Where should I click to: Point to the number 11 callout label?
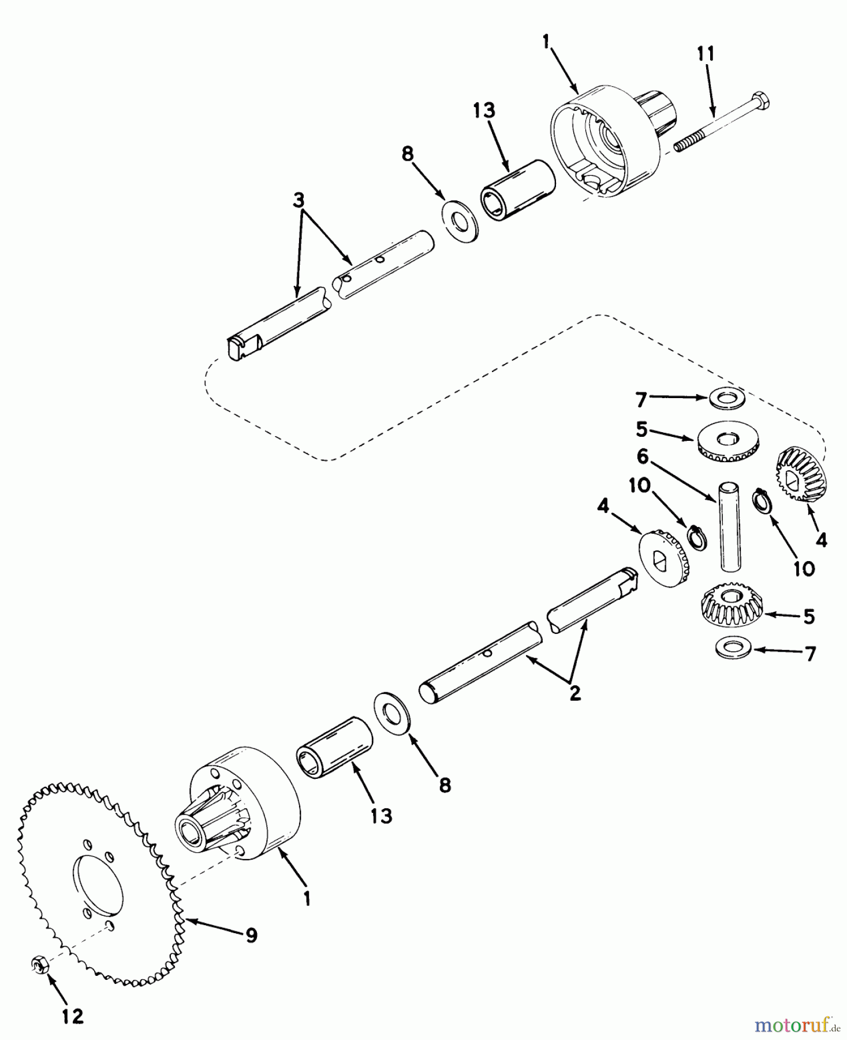705,54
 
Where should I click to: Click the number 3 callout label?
298,201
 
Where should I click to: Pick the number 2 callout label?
574,693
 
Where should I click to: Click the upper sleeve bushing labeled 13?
517,188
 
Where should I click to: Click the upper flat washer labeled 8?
460,221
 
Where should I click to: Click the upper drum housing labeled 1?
615,142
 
